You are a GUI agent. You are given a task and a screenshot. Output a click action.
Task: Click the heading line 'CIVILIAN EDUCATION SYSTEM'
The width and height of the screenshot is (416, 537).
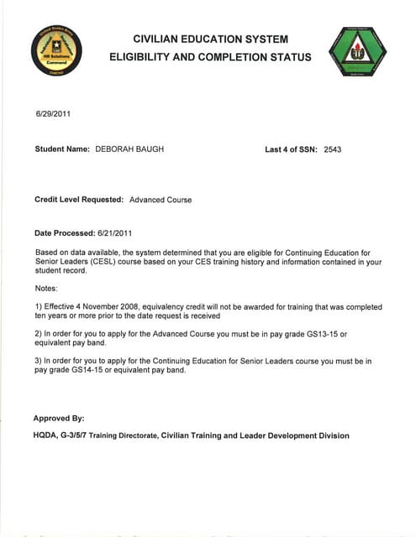210,39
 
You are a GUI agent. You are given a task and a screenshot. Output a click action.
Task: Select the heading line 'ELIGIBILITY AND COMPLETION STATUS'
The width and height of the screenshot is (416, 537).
210,58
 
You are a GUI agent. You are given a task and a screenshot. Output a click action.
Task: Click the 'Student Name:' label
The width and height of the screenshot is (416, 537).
61,149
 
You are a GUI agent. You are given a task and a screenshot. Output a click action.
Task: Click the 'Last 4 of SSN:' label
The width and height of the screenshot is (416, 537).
297,149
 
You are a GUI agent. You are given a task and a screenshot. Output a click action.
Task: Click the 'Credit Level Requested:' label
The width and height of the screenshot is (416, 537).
80,200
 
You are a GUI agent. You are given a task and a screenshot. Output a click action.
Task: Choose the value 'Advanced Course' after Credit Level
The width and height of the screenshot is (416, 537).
161,200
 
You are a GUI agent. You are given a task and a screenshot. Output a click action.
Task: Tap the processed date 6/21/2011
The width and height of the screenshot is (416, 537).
114,232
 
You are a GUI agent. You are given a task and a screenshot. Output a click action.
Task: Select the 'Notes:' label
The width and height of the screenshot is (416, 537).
47,288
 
